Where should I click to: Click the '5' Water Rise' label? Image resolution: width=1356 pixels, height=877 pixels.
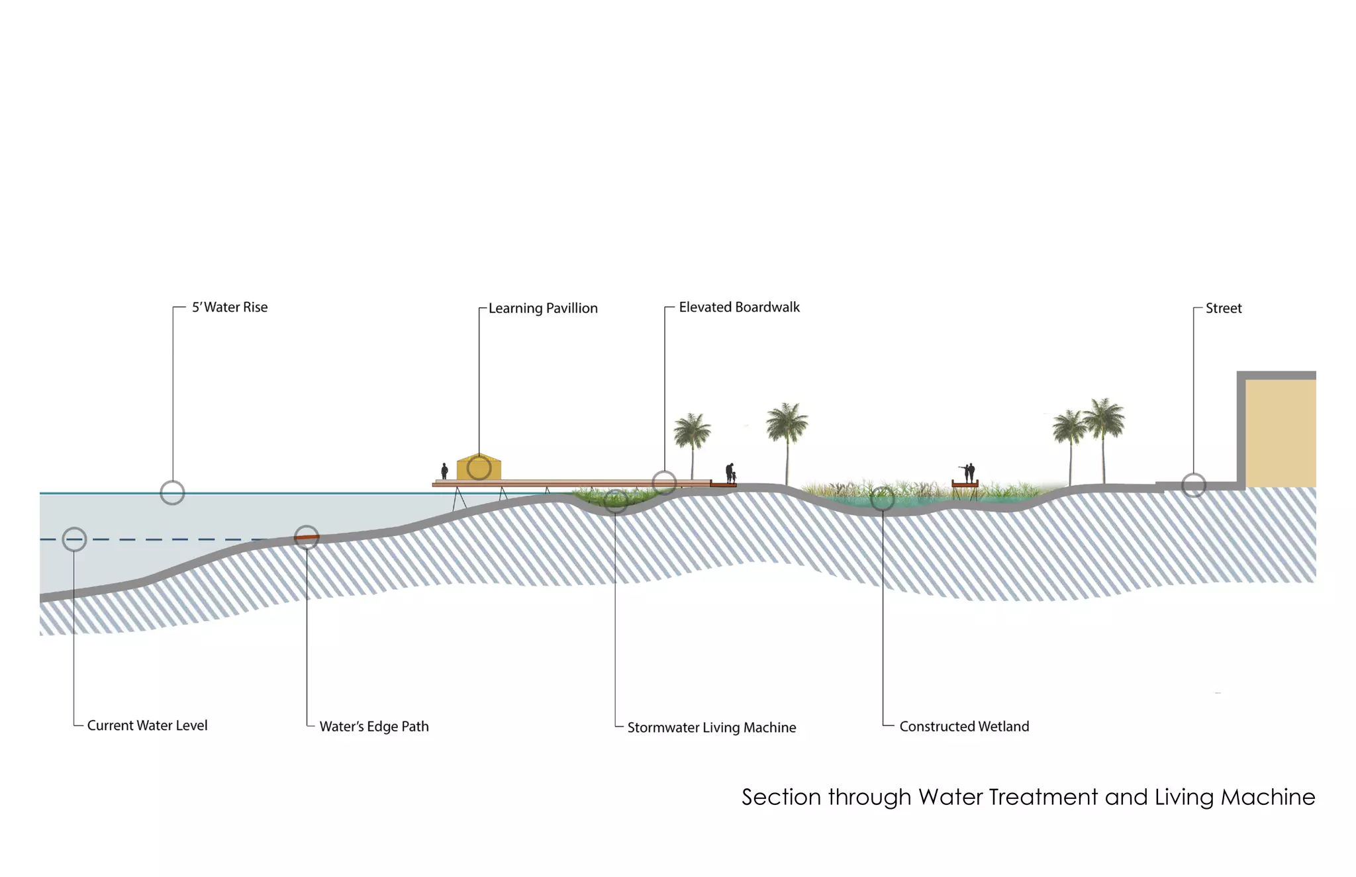[x=229, y=307]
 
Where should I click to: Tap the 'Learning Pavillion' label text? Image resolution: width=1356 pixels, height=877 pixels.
[x=543, y=308]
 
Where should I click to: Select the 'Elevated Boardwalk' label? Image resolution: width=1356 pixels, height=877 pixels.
[x=739, y=307]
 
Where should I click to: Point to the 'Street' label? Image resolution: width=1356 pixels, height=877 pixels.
[x=1223, y=308]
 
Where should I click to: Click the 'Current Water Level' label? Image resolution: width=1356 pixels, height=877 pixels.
[x=147, y=725]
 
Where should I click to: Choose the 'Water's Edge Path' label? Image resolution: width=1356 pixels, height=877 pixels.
[x=373, y=727]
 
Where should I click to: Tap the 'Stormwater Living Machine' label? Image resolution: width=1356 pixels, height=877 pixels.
[x=711, y=727]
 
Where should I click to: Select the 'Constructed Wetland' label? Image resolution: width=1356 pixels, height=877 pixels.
[x=963, y=727]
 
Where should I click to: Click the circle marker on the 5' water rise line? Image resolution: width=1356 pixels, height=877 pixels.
[x=172, y=492]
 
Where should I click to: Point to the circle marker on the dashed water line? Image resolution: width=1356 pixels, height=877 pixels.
[x=74, y=539]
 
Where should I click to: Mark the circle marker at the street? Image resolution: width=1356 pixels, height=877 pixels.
[x=1194, y=485]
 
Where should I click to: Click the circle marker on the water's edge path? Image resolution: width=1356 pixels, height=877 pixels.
[x=307, y=537]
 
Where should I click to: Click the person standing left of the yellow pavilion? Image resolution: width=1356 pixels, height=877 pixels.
[x=444, y=471]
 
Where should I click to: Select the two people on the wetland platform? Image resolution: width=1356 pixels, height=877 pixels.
[x=969, y=473]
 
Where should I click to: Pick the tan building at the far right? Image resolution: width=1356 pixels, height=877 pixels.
[x=1280, y=434]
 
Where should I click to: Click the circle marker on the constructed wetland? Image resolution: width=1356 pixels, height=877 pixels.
[x=883, y=498]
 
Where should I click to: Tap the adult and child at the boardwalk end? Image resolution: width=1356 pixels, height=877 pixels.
[x=731, y=473]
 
